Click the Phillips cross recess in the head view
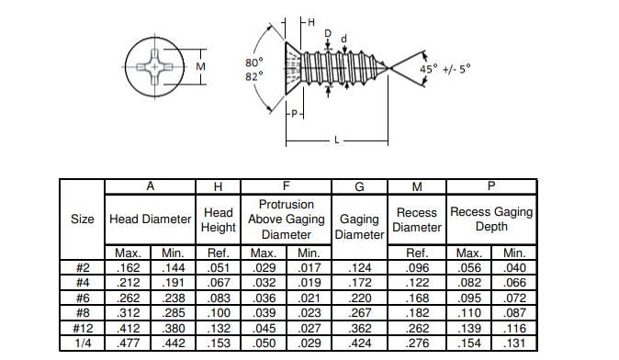point(154,67)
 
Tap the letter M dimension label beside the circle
point(200,67)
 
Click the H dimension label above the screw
point(311,22)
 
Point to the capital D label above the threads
point(328,34)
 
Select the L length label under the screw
point(337,141)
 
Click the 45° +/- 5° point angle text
point(445,69)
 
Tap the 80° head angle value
point(253,62)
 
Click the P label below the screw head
point(294,114)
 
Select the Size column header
point(82,219)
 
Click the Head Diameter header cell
point(150,219)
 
